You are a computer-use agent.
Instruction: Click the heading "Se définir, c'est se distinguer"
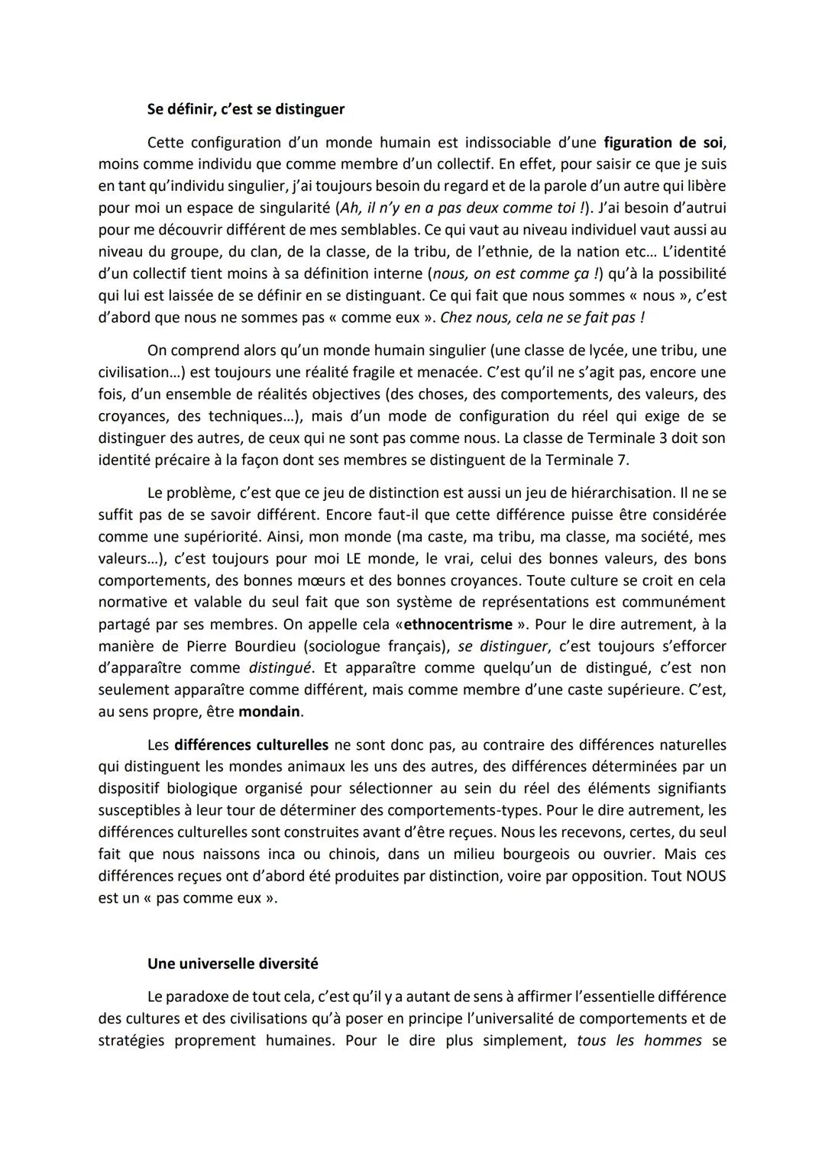(245, 109)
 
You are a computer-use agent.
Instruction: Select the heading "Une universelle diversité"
(232, 964)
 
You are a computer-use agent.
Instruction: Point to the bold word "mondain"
(270, 712)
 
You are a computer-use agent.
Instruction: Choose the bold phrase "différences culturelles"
(251, 744)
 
